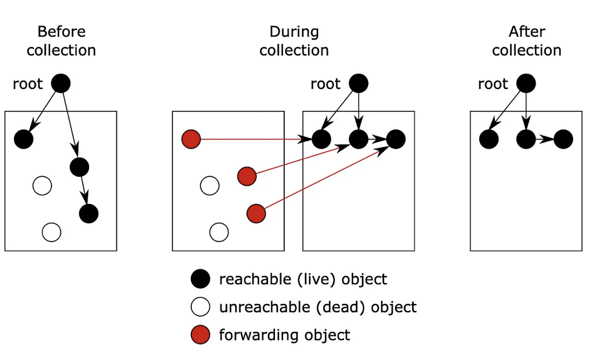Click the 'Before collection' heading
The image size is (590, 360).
(62, 41)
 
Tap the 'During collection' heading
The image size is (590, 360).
(294, 41)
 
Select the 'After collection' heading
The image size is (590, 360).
(526, 41)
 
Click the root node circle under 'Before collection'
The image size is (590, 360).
(61, 83)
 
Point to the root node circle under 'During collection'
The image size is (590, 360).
(359, 83)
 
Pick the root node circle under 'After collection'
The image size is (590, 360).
(526, 83)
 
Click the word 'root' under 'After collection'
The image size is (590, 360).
(493, 84)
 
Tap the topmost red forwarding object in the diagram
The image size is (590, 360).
(191, 139)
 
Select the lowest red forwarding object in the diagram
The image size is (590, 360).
(256, 214)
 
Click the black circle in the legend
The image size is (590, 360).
(200, 279)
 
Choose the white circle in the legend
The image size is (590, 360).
(200, 307)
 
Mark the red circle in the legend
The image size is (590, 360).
(200, 335)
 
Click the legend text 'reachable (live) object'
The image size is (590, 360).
(303, 279)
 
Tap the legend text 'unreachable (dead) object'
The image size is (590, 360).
(318, 307)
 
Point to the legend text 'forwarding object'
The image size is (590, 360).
(284, 335)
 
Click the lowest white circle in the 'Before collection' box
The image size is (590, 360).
(51, 232)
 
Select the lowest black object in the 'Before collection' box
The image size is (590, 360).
(89, 214)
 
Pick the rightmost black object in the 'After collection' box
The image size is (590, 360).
(564, 139)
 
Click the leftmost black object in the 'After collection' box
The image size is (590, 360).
(489, 139)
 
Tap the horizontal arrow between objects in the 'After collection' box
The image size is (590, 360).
(545, 139)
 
